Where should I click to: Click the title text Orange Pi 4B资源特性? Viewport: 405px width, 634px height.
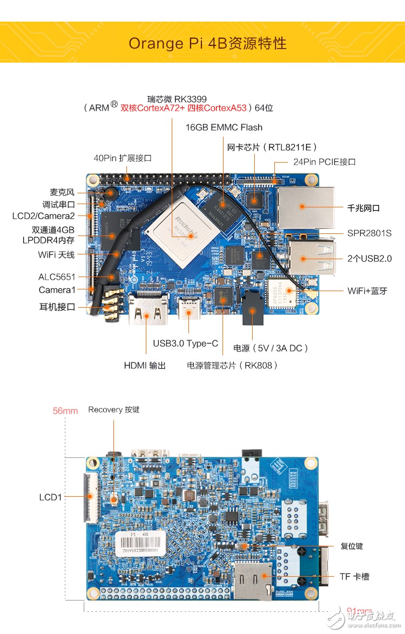tap(207, 43)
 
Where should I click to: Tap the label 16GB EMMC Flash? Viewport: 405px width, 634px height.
tap(224, 127)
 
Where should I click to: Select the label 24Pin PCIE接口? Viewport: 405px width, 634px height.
tap(324, 161)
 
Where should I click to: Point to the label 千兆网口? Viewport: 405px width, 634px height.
tap(364, 207)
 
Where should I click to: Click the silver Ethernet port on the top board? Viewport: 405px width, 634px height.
tap(306, 206)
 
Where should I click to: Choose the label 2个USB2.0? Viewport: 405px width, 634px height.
tap(369, 259)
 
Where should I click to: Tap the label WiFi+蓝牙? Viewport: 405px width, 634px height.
tap(367, 291)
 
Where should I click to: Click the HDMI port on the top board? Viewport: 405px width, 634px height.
tap(146, 312)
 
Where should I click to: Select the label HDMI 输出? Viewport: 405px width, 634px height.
tap(145, 366)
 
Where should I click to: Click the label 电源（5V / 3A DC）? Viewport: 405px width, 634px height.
tap(271, 348)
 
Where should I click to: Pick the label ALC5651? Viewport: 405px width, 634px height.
tap(57, 276)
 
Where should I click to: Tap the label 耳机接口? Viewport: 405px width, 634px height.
tap(57, 307)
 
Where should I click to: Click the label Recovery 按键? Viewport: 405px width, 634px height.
tap(113, 409)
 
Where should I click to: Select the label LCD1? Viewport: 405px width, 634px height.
tap(50, 497)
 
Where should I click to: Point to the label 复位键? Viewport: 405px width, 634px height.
tap(352, 546)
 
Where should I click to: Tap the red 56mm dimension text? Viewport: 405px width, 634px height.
tap(65, 410)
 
